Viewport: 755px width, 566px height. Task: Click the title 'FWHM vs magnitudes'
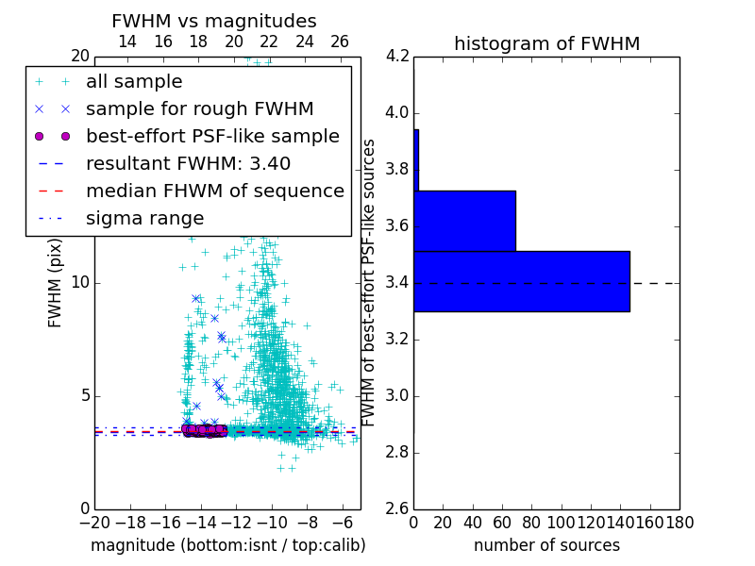[x=214, y=21]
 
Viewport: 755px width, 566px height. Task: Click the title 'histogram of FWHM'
[x=546, y=43]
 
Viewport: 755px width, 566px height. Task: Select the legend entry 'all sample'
[x=134, y=82]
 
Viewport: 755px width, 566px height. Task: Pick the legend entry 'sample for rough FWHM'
[x=199, y=108]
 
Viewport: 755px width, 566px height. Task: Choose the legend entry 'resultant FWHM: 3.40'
[x=188, y=163]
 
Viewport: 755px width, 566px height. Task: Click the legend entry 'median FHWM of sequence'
[x=214, y=191]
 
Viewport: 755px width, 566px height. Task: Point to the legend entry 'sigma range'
[x=144, y=218]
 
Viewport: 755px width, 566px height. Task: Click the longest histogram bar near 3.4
[x=521, y=281]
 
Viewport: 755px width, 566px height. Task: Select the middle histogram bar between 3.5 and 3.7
[x=464, y=221]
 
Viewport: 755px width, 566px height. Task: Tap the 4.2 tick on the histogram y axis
[x=397, y=57]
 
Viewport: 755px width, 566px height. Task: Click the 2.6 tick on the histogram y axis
[x=397, y=508]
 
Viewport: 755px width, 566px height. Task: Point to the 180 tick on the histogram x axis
[x=679, y=522]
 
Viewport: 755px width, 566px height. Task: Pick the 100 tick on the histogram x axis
[x=561, y=522]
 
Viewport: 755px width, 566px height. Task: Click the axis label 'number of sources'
[x=546, y=545]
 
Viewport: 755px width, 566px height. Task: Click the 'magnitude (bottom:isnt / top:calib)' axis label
[x=227, y=545]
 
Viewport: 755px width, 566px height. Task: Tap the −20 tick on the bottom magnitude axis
[x=94, y=522]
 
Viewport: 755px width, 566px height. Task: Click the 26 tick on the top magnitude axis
[x=340, y=42]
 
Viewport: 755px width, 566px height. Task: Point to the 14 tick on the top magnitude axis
[x=127, y=42]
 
